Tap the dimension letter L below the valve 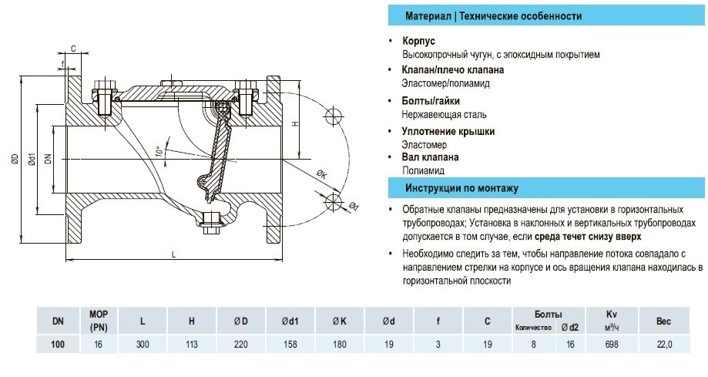pyautogui.click(x=173, y=254)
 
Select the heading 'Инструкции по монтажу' pyautogui.click(x=461, y=188)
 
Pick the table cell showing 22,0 pyautogui.click(x=664, y=344)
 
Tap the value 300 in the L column pyautogui.click(x=142, y=344)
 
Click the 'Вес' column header pyautogui.click(x=664, y=319)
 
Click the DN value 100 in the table pyautogui.click(x=57, y=344)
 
